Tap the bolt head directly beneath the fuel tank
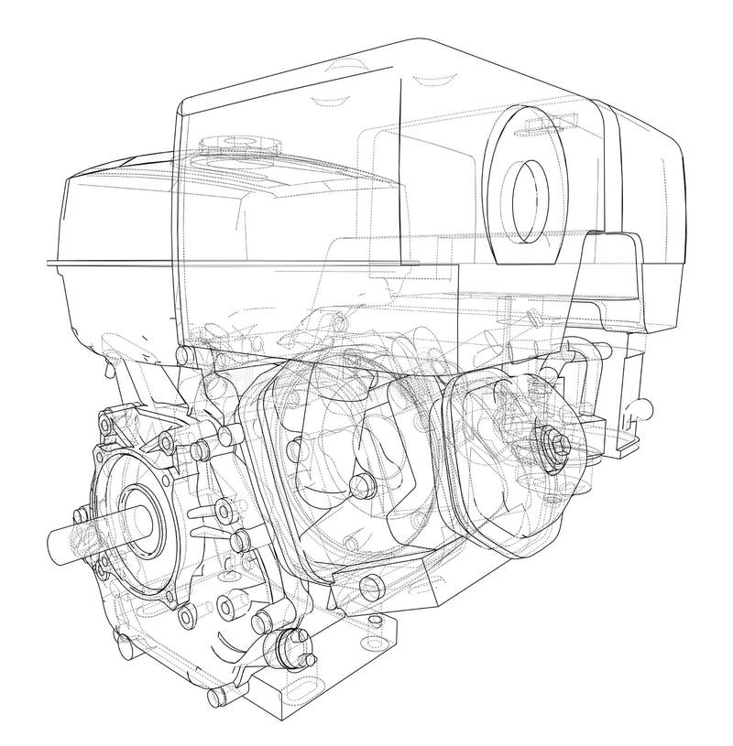click(x=187, y=354)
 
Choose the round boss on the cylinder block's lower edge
click(x=371, y=585)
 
